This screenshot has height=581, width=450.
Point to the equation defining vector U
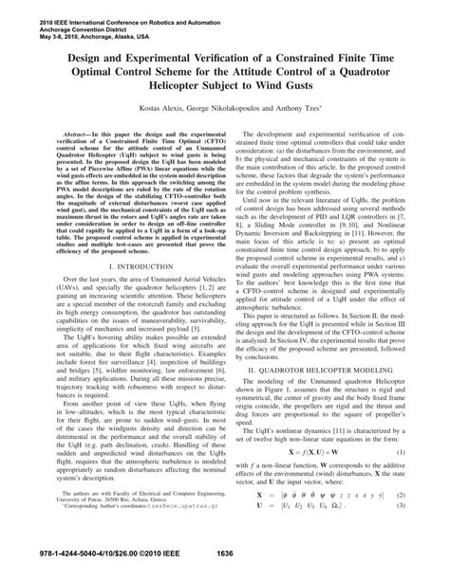pyautogui.click(x=313, y=509)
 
